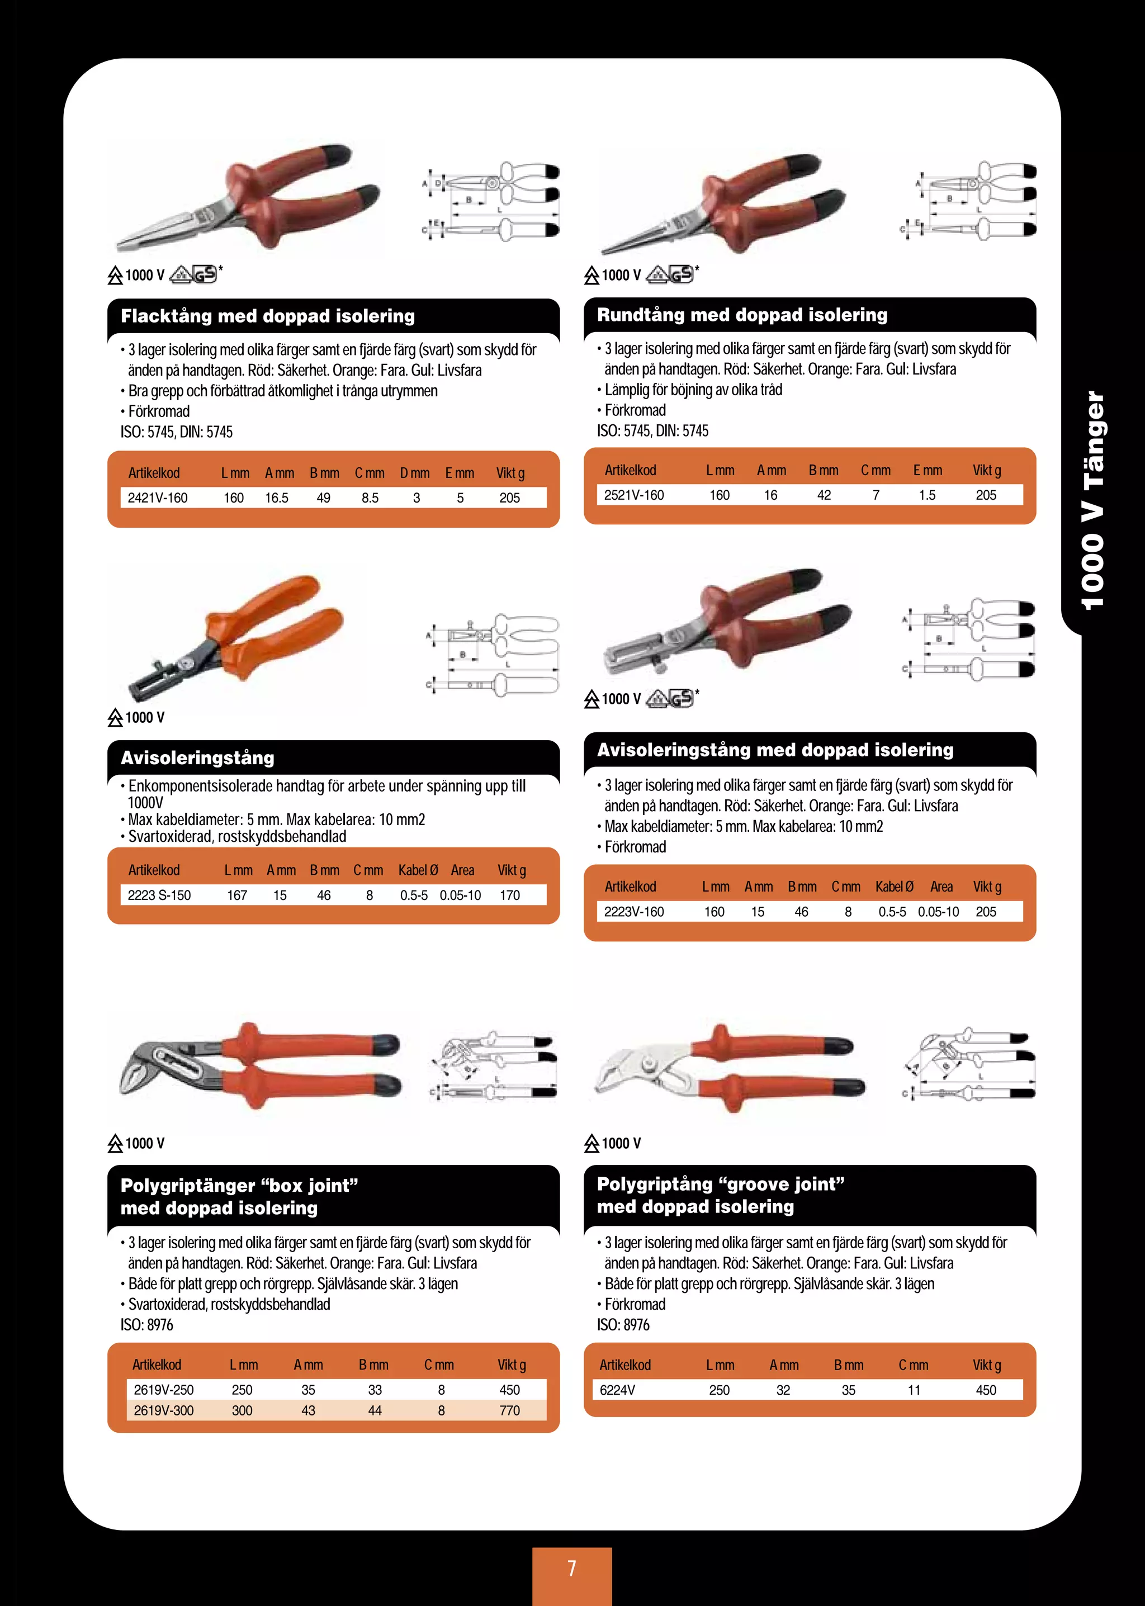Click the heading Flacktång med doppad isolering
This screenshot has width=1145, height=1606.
268,316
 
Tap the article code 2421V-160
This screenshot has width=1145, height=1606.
157,498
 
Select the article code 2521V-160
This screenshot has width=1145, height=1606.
634,495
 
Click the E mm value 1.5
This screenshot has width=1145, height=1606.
926,495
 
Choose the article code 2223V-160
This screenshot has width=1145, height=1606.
634,912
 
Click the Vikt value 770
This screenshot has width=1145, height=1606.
509,1410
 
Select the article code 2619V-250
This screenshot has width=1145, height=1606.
164,1390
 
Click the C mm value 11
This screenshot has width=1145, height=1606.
914,1390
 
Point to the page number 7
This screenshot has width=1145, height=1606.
572,1568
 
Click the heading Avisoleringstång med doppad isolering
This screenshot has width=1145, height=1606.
775,750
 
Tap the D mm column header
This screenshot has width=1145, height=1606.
415,473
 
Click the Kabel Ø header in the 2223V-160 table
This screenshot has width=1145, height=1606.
894,886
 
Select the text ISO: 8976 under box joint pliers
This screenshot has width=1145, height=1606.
146,1325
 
